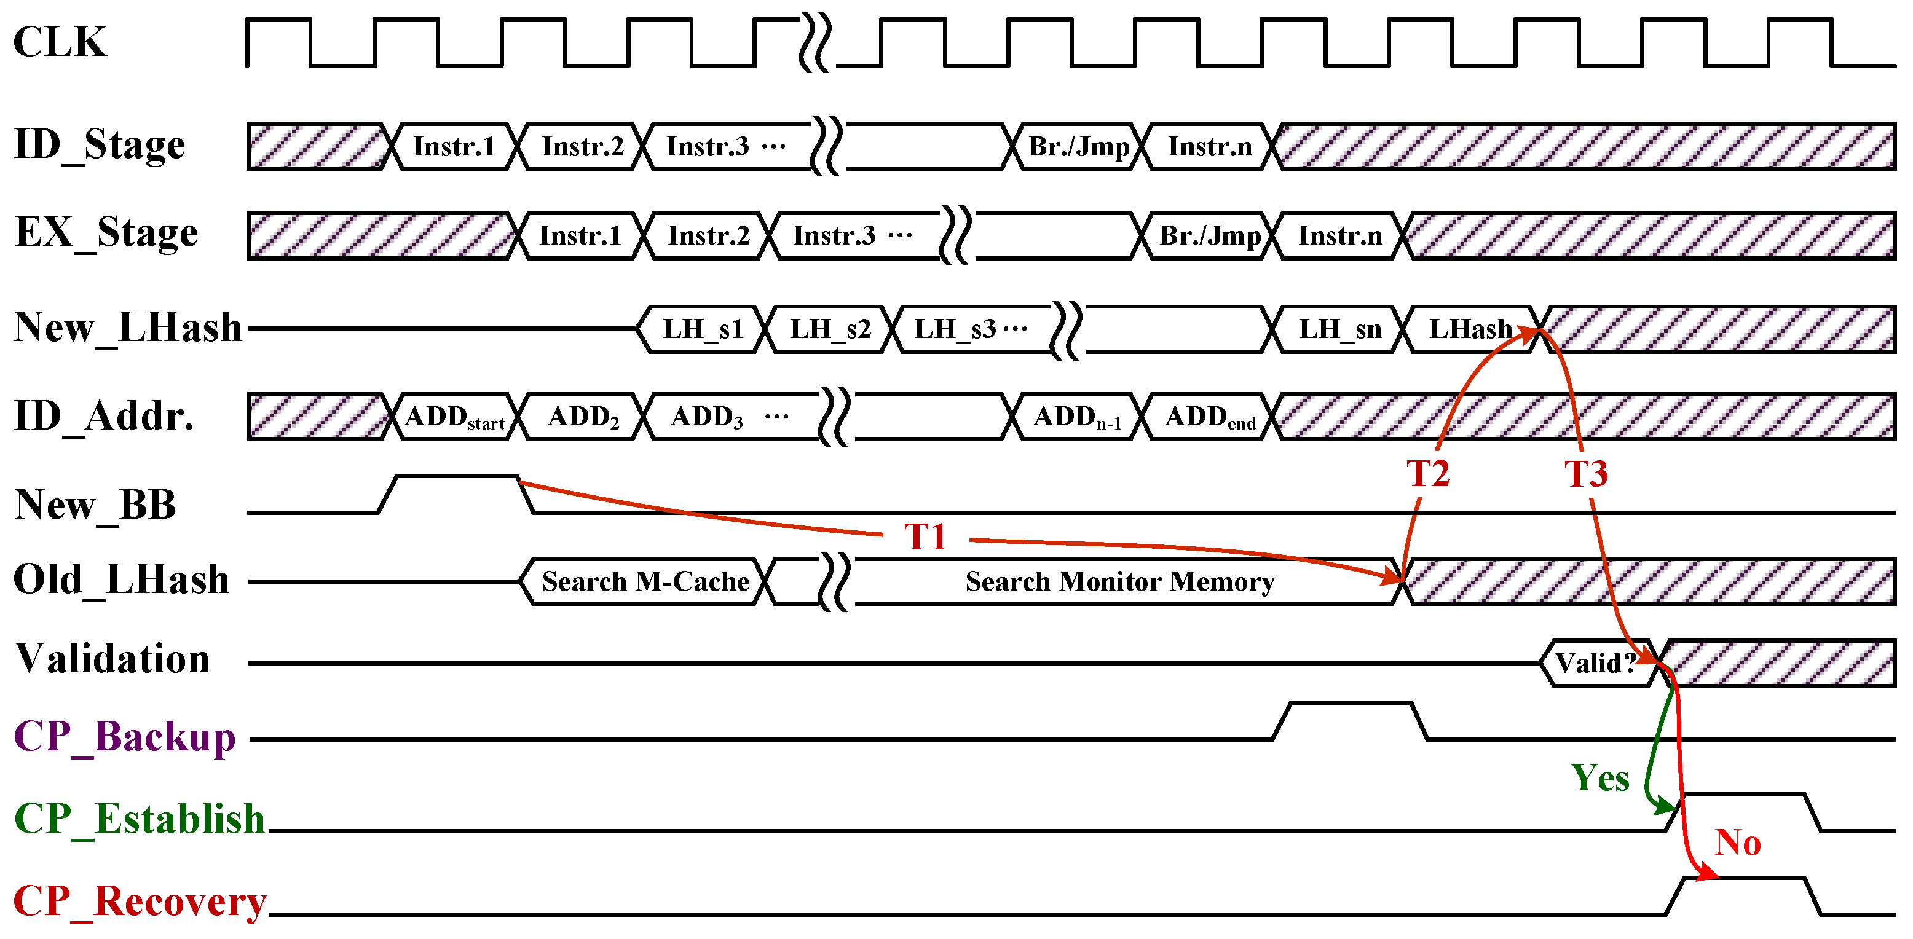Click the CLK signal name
[x=60, y=42]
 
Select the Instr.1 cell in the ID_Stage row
[x=454, y=146]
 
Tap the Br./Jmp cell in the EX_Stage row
[x=1210, y=235]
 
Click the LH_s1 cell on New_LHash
[x=702, y=328]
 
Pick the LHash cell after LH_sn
[x=1470, y=328]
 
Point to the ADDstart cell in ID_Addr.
[x=454, y=417]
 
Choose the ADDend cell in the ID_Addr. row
[x=1210, y=417]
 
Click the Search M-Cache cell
[x=645, y=581]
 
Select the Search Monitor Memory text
[x=1119, y=581]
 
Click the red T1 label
[x=925, y=536]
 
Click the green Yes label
[x=1599, y=778]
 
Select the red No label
[x=1738, y=843]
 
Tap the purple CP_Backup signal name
[x=125, y=737]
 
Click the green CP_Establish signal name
[x=140, y=819]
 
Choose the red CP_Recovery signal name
[x=140, y=901]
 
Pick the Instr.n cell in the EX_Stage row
[x=1339, y=235]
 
